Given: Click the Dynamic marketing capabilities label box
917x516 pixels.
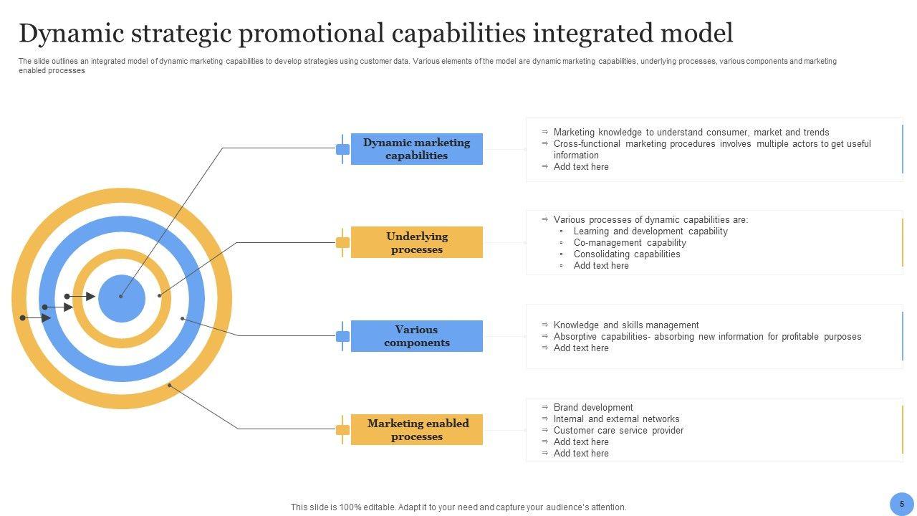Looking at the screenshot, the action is (x=417, y=149).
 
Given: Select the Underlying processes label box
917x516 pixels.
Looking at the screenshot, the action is (x=417, y=242).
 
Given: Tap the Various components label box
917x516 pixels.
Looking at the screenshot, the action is (x=417, y=336).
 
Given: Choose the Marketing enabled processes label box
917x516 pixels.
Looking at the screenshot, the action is (x=417, y=429).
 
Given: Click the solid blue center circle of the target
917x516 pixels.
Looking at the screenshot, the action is (x=122, y=299).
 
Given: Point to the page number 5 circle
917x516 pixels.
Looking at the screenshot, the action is (x=902, y=504).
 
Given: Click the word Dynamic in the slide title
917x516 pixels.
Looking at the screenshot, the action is (x=72, y=34).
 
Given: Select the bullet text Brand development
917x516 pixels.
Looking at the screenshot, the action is (x=593, y=408).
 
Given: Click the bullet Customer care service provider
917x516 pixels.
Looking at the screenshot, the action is (x=618, y=431).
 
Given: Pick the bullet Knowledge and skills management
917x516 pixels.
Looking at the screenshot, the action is (x=626, y=325).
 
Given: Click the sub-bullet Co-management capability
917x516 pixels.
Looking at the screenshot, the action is (x=630, y=243).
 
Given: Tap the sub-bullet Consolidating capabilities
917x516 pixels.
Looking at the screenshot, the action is (x=627, y=254).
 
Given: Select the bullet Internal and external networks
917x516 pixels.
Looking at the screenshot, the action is (x=617, y=419).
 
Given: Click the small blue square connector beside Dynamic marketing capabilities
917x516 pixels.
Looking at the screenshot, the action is (x=342, y=150).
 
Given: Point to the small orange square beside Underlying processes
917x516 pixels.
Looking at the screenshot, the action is (x=342, y=243).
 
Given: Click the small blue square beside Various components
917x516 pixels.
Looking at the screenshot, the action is (x=342, y=337).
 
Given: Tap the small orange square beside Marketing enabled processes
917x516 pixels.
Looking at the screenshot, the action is (x=342, y=430).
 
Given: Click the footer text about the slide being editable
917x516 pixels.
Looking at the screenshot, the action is (x=458, y=507).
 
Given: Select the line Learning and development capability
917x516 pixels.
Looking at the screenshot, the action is (x=650, y=231).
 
